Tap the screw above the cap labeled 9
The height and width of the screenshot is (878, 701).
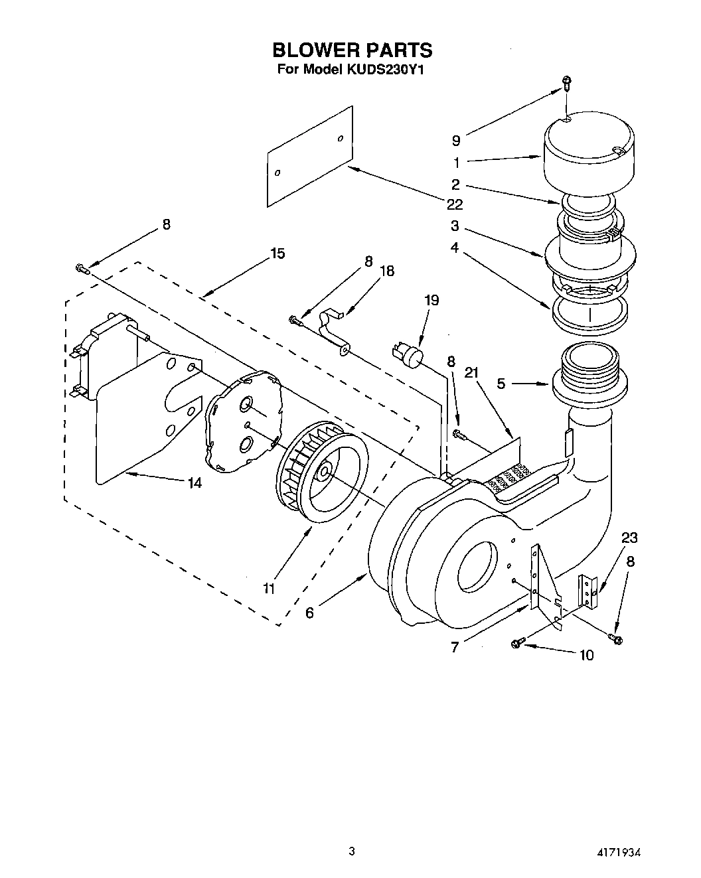[x=566, y=82]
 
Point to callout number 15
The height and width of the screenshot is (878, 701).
[x=277, y=253]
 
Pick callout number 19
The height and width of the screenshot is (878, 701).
[x=431, y=300]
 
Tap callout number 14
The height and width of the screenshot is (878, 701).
[x=194, y=483]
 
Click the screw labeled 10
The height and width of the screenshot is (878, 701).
[x=517, y=642]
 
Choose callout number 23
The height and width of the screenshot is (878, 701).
[x=629, y=538]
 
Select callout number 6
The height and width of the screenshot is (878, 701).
[x=309, y=613]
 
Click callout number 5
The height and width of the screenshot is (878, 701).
[x=501, y=383]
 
